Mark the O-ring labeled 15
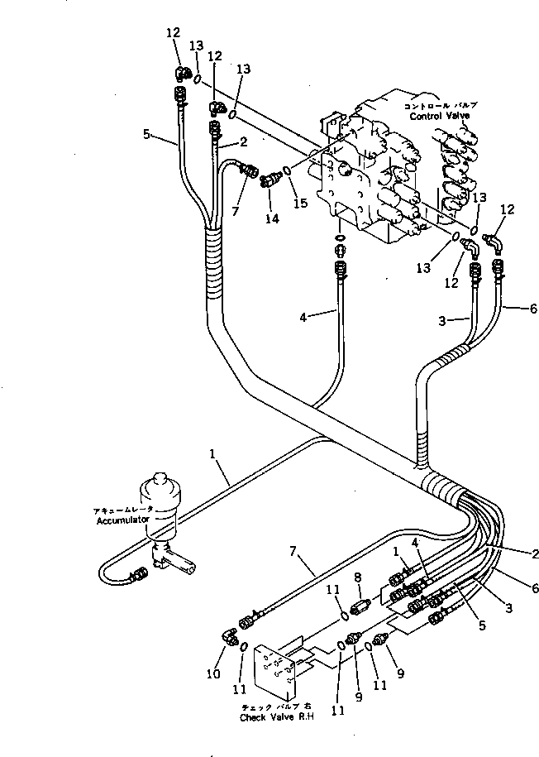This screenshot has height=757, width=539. point(286,171)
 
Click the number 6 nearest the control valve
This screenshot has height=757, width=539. point(533,309)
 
